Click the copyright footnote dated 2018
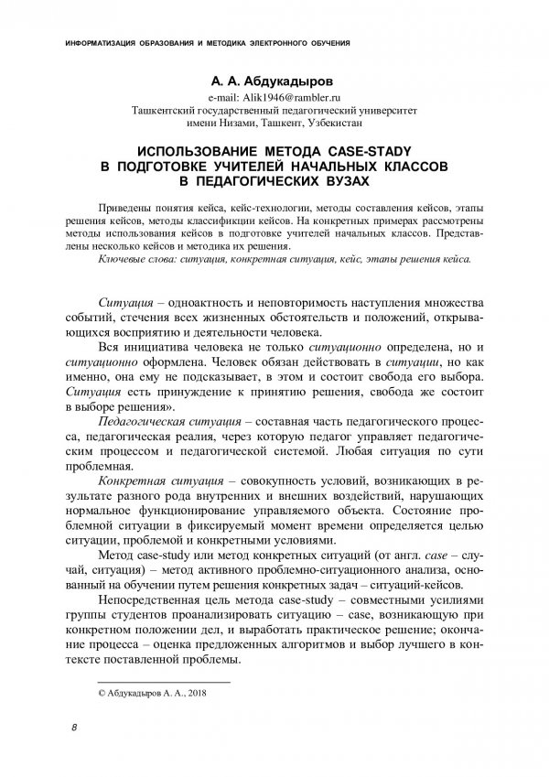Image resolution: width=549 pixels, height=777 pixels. coord(152,695)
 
